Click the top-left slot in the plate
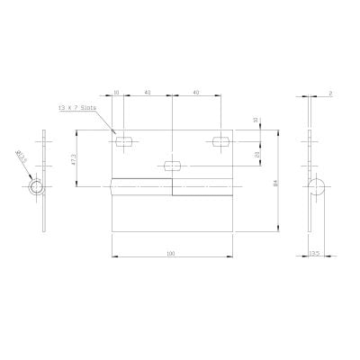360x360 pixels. pyautogui.click(x=125, y=140)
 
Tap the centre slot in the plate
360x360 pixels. pyautogui.click(x=172, y=165)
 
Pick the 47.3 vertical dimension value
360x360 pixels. pyautogui.click(x=82, y=157)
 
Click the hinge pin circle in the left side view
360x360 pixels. pyautogui.click(x=36, y=186)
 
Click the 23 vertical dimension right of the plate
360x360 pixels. pyautogui.click(x=258, y=154)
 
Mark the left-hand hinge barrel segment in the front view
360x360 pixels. pyautogui.click(x=139, y=187)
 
